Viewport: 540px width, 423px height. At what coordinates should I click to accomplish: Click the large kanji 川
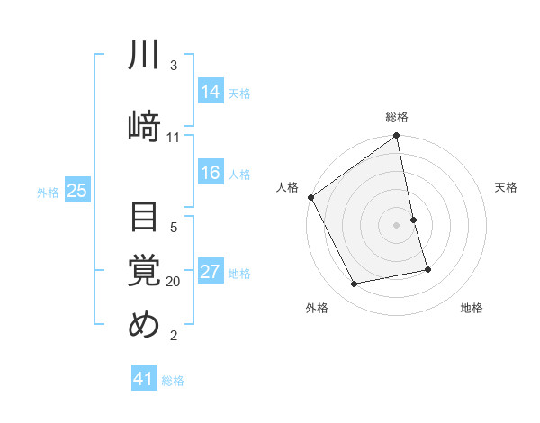pos(144,56)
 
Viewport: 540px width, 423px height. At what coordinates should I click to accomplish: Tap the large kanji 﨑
pos(144,123)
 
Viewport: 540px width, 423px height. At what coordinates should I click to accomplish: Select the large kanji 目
pos(144,219)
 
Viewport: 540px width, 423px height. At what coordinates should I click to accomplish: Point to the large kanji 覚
pos(144,271)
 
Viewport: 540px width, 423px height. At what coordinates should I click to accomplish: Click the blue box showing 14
pos(210,92)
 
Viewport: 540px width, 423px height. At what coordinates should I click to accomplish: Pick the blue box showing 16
pos(210,174)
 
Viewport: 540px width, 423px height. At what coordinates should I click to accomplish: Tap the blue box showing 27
pos(210,273)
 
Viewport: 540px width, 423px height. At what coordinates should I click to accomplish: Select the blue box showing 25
pos(76,190)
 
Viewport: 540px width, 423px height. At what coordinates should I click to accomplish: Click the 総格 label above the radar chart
pos(397,117)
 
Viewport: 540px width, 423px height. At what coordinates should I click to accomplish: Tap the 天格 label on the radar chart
pos(507,187)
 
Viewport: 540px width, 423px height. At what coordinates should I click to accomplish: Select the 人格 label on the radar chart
pos(287,187)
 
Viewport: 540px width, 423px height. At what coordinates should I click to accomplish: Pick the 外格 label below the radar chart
pos(316,308)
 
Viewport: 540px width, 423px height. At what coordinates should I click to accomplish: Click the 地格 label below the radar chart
pos(472,308)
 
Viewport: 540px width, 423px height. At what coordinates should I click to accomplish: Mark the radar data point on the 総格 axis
pos(397,137)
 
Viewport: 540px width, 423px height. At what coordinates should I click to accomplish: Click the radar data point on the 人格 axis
pos(311,197)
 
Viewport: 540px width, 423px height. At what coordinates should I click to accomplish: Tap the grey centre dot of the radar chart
pos(397,225)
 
